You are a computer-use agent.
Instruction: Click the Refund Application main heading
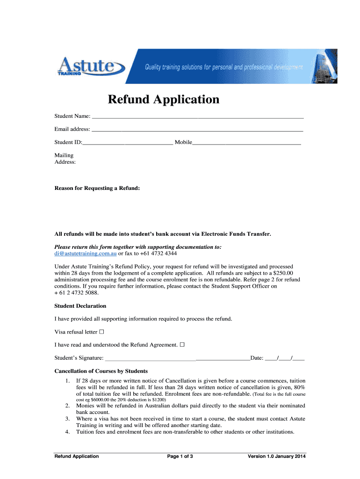[x=164, y=99]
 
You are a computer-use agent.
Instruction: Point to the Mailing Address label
[x=65, y=159]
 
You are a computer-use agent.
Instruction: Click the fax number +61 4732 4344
[x=154, y=254]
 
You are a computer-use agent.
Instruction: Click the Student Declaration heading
[x=80, y=306]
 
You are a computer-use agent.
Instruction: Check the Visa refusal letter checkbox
[x=101, y=332]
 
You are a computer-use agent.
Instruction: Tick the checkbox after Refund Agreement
[x=182, y=345]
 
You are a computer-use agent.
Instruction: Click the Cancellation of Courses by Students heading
[x=101, y=371]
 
